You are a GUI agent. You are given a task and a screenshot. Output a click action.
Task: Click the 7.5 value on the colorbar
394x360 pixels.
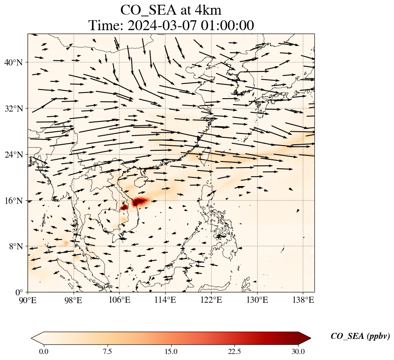[x=107, y=351]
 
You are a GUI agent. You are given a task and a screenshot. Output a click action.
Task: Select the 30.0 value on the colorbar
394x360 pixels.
[x=298, y=351]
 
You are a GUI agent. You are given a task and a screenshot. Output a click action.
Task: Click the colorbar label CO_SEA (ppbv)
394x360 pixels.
[x=360, y=337]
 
